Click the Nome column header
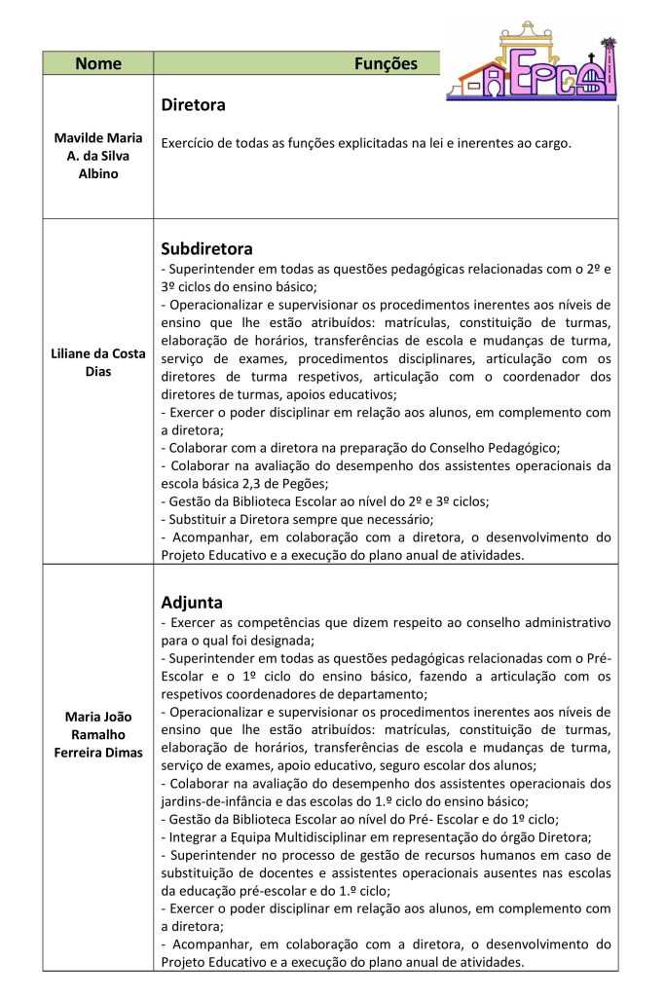coord(97,64)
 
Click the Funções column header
coord(385,64)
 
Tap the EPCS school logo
coord(532,60)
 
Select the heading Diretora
coord(193,104)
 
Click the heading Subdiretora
coord(206,248)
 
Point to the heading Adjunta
coord(192,602)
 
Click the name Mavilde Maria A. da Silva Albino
coord(97,156)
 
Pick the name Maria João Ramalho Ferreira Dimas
coord(97,733)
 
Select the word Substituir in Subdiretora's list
coord(200,519)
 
